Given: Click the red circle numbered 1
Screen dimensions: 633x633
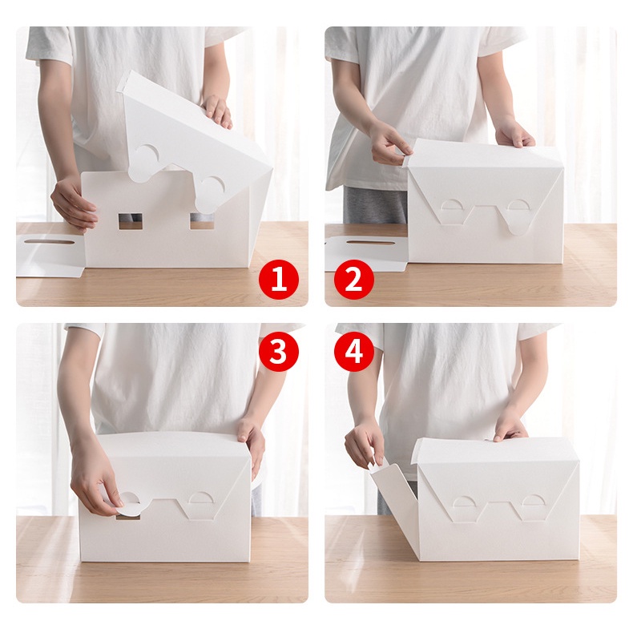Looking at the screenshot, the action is (279, 280).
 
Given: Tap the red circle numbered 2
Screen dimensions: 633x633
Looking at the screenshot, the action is (354, 280).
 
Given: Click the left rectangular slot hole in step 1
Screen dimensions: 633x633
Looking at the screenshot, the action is (130, 221).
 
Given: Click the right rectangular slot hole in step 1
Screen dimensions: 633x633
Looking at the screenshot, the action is (202, 221).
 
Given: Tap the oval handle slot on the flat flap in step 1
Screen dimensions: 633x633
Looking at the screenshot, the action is (49, 242).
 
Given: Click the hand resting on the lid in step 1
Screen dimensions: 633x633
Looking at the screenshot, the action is (217, 111).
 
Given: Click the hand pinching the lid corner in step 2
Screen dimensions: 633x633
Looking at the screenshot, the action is (389, 146).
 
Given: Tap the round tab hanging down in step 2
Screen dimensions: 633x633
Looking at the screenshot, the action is (519, 222).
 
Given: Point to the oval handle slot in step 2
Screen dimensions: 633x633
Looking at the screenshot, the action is (370, 243).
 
